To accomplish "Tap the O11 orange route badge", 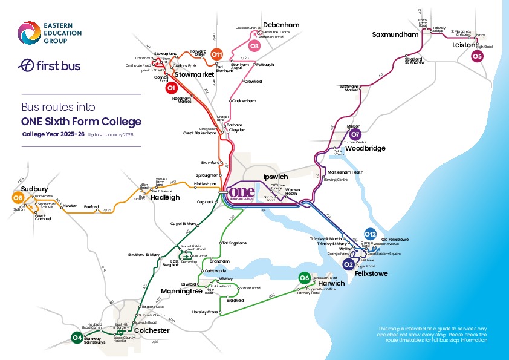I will [x=217, y=56].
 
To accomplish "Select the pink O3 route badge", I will [x=254, y=46].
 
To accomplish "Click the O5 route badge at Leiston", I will [x=477, y=56].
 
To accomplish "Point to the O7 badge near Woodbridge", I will [x=355, y=134].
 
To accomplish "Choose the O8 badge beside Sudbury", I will [x=18, y=198].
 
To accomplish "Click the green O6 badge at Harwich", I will [x=304, y=278].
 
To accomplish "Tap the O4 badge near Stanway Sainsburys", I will [x=77, y=338].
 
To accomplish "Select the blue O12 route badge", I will [x=371, y=234].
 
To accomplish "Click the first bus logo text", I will [x=50, y=65].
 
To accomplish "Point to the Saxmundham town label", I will [x=395, y=34].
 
